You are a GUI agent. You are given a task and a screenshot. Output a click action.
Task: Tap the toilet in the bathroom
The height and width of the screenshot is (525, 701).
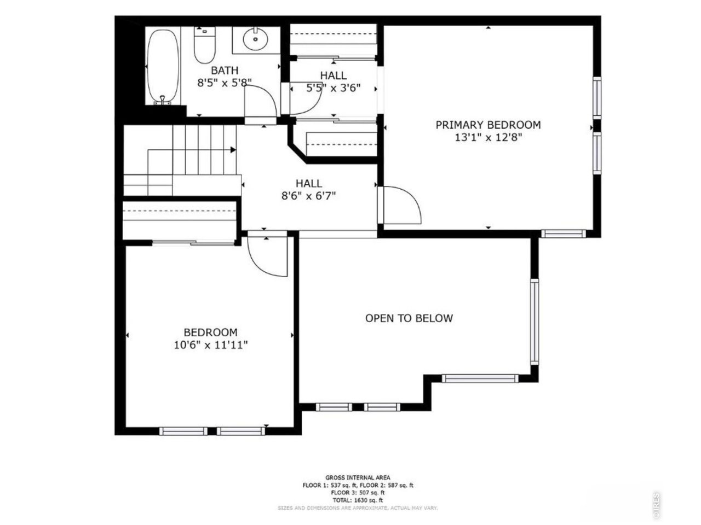204,46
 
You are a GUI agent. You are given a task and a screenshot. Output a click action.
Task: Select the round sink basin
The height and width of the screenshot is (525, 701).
255,39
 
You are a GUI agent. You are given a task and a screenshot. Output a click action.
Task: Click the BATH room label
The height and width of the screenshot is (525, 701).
225,71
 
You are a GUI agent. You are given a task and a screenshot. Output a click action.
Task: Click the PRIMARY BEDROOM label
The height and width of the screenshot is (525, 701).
488,125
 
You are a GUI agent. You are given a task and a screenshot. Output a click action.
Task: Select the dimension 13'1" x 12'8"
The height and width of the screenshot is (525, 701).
488,138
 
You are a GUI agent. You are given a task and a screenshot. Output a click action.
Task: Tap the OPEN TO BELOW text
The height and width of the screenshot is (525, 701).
409,318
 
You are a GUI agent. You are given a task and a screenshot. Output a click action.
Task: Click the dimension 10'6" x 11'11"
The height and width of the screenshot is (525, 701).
210,345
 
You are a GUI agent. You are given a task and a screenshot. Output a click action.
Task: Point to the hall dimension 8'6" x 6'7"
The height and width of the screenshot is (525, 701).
309,196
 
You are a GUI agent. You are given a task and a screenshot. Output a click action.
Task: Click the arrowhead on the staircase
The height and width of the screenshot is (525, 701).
233,149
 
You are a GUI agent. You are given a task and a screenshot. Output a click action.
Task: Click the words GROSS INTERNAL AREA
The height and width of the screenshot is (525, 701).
358,477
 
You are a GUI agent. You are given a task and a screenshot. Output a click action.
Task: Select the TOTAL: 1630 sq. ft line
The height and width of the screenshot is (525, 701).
358,500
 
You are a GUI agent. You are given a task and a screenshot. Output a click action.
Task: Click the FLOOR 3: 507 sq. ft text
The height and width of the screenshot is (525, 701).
358,492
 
